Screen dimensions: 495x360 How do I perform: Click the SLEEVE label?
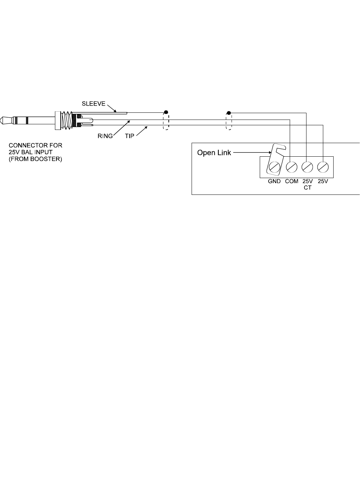click(x=94, y=104)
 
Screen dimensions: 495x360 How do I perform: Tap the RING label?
click(x=105, y=136)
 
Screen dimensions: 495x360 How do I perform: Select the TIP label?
click(x=130, y=136)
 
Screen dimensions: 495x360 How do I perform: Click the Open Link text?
click(x=214, y=153)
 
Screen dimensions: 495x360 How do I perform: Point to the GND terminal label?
click(x=274, y=182)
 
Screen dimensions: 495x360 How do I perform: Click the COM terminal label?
click(x=291, y=182)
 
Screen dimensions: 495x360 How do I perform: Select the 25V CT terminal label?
click(x=308, y=184)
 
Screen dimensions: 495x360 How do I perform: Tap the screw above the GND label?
click(x=274, y=167)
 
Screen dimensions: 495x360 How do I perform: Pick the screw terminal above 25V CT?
click(x=307, y=167)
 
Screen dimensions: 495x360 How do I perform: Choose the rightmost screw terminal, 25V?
click(x=323, y=167)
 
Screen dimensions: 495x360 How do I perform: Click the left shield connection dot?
click(x=166, y=113)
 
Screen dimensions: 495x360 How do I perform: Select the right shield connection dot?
click(x=229, y=113)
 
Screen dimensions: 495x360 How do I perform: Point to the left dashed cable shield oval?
click(x=166, y=121)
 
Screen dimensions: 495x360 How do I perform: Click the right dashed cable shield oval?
click(x=229, y=121)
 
